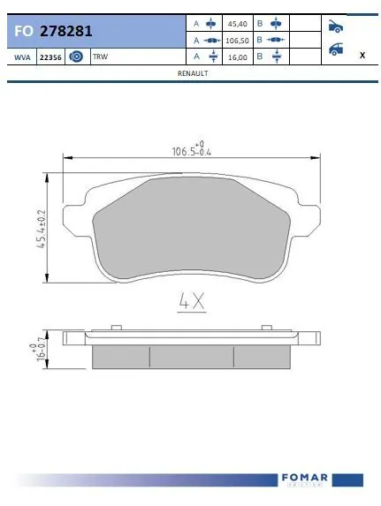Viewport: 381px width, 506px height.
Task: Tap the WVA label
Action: pos(21,57)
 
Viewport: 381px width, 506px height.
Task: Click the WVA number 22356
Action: pos(50,57)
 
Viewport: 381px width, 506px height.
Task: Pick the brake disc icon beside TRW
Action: pos(76,57)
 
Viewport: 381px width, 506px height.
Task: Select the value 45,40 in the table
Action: pos(236,23)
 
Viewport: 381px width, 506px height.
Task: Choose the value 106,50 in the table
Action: pos(236,40)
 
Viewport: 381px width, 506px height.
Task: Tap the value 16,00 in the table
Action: pos(236,56)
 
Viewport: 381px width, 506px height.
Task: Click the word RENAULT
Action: pos(192,74)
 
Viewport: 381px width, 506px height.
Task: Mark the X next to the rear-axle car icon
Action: pos(362,55)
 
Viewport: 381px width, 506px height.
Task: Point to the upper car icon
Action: pos(336,26)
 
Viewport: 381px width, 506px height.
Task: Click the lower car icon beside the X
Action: pos(336,49)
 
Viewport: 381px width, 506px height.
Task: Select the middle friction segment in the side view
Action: pos(191,356)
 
